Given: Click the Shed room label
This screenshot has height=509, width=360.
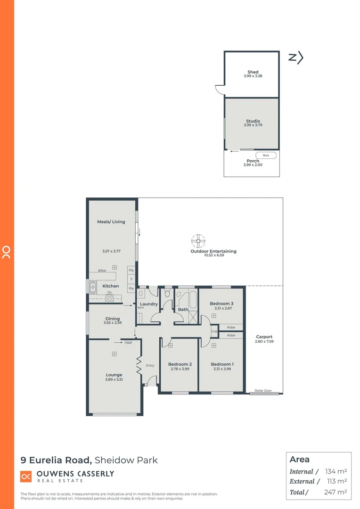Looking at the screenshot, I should click(x=253, y=72).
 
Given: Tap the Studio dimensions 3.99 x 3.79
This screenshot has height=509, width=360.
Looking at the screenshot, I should click(x=253, y=125).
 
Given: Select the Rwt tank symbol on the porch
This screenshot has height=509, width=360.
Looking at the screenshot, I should click(x=266, y=156).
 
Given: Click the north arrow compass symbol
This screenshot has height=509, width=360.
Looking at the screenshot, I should click(x=295, y=57).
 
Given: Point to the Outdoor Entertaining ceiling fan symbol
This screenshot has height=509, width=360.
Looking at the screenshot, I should click(x=198, y=241).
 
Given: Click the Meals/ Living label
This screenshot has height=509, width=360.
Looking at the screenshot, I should click(x=111, y=222).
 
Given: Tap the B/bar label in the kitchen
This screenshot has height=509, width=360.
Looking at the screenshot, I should click(x=102, y=271).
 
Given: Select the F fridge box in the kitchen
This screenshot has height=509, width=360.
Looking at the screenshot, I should click(x=131, y=279).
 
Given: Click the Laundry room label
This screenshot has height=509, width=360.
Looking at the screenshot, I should click(x=149, y=304).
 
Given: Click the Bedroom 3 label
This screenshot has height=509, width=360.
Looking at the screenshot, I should click(x=221, y=304).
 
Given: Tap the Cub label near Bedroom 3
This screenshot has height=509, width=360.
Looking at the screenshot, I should click(x=214, y=331).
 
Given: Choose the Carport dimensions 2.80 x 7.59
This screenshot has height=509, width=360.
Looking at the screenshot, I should click(x=264, y=341).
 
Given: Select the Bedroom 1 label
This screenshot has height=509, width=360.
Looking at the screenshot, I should click(x=222, y=364).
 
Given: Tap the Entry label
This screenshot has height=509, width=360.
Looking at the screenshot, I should click(x=150, y=365).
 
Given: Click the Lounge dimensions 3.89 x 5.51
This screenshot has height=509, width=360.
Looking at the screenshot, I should click(x=114, y=379).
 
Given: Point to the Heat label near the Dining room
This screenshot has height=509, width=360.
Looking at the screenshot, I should click(x=128, y=343).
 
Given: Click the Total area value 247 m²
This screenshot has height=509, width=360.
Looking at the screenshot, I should click(x=336, y=492).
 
